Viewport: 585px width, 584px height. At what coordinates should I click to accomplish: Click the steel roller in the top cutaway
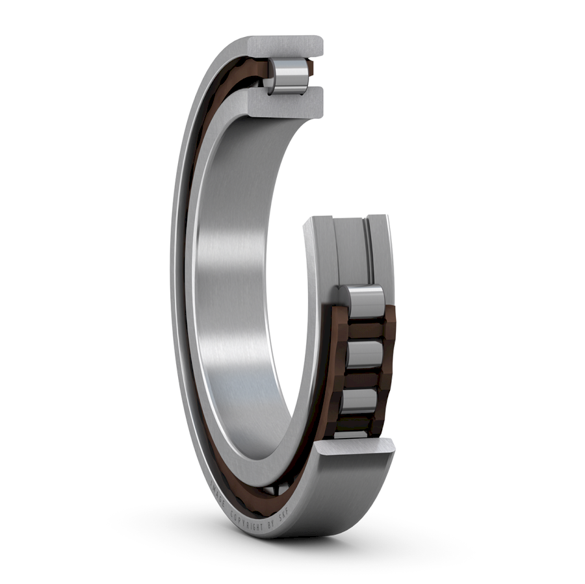click(288, 75)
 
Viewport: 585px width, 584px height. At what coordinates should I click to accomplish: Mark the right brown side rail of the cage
click(390, 351)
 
